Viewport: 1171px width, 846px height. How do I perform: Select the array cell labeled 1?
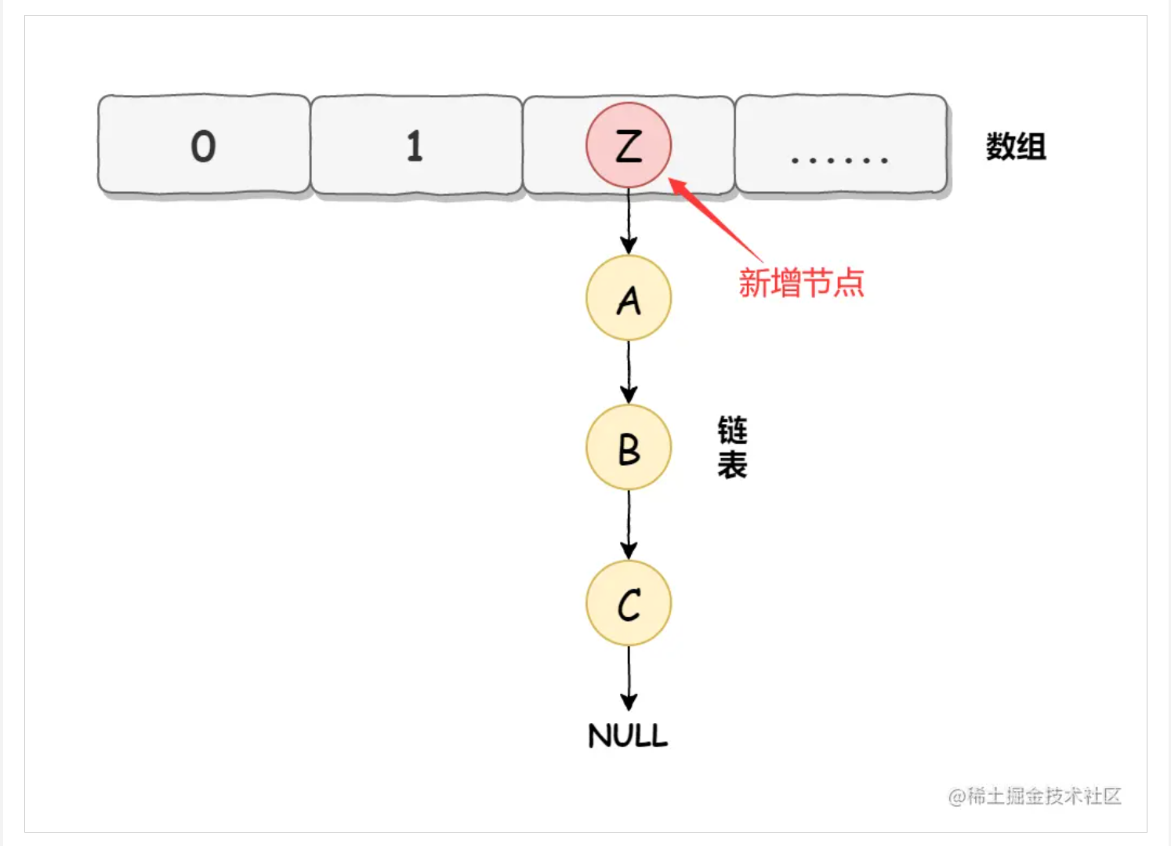[415, 145]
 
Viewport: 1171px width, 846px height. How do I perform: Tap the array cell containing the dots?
[840, 145]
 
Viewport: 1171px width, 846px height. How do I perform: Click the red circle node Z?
[629, 145]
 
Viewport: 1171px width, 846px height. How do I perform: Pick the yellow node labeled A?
[629, 298]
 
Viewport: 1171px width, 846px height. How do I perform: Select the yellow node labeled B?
[629, 448]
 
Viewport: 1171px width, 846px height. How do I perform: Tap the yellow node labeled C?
[629, 604]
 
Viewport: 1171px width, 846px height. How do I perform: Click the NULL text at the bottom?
[628, 735]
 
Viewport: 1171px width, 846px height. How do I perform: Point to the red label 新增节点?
[801, 283]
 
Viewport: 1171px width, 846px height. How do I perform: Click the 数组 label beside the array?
[1016, 147]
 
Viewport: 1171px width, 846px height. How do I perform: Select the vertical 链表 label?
[732, 448]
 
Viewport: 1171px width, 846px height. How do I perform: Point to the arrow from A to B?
[629, 372]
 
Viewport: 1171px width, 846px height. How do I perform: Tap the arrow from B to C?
[629, 525]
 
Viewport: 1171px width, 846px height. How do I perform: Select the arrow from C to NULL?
[629, 678]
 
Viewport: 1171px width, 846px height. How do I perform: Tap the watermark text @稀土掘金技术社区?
[1035, 797]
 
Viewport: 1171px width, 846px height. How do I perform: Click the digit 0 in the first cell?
[203, 147]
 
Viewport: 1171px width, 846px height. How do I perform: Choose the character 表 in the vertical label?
[732, 466]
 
